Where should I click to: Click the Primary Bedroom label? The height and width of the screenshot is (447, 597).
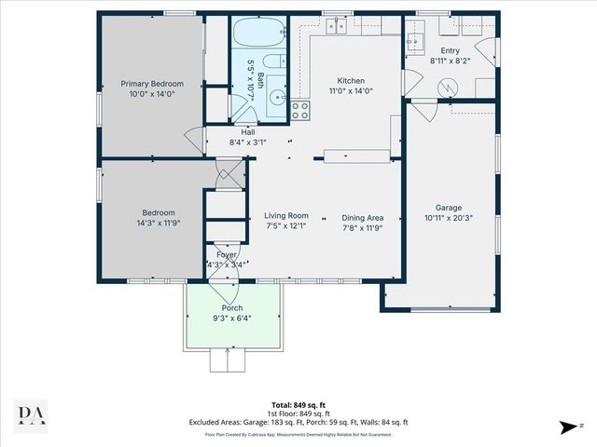pos(152,84)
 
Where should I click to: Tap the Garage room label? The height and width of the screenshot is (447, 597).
pos(450,208)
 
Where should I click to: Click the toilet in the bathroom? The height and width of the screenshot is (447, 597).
pos(270,64)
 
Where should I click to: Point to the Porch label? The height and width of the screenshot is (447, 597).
pos(231,308)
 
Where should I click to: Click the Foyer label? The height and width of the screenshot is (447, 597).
pos(227,254)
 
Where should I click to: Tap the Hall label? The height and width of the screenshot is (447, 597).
pos(248,132)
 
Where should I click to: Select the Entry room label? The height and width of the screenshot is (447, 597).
pos(450,51)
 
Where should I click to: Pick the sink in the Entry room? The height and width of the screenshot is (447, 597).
pos(414,41)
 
